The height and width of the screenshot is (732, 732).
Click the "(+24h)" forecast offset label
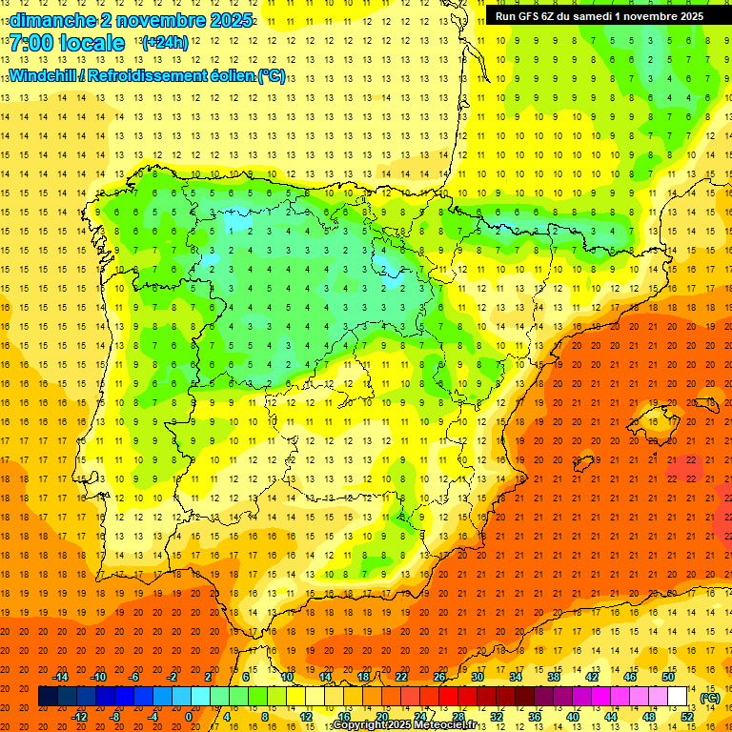pos(165,43)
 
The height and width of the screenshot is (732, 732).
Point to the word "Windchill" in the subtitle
pos(44,75)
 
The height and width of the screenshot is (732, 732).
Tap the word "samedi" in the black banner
pos(593,16)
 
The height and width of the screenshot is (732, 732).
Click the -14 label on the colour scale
pos(62,676)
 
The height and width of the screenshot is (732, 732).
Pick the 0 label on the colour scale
pos(190,717)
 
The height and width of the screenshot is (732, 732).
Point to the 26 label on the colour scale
pos(438,676)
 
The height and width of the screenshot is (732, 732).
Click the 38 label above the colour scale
pos(553,676)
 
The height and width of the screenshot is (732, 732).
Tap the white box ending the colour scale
pos(677,696)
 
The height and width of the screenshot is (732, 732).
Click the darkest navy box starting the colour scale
pos(48,696)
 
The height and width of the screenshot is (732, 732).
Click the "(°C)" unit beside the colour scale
pos(710,697)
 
